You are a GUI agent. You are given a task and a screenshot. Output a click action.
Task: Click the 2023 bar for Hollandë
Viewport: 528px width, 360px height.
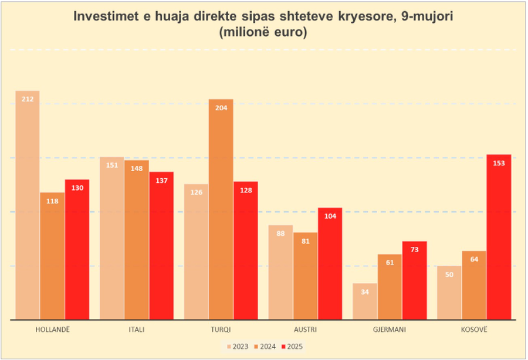[28, 205]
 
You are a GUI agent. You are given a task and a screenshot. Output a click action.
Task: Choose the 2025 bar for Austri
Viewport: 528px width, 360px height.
[330, 263]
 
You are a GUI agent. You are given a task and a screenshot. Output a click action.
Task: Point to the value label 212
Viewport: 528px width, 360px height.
[28, 99]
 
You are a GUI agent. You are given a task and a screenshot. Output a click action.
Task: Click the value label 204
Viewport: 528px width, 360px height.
[221, 108]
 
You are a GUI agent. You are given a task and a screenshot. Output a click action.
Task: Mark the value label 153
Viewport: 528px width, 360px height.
[499, 163]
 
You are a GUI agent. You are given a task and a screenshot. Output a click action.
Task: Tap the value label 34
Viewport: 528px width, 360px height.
[364, 292]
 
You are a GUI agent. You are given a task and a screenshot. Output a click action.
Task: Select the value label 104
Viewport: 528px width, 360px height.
[330, 216]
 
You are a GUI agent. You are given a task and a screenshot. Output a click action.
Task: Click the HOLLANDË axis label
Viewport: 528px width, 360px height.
[52, 330]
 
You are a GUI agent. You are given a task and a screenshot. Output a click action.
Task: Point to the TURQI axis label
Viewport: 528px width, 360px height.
[221, 330]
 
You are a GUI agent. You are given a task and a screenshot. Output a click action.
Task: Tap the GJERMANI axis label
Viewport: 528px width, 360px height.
[390, 330]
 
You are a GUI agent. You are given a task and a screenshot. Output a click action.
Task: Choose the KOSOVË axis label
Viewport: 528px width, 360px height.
[474, 330]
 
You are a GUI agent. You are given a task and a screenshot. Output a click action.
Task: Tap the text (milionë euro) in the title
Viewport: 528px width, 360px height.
[263, 32]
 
